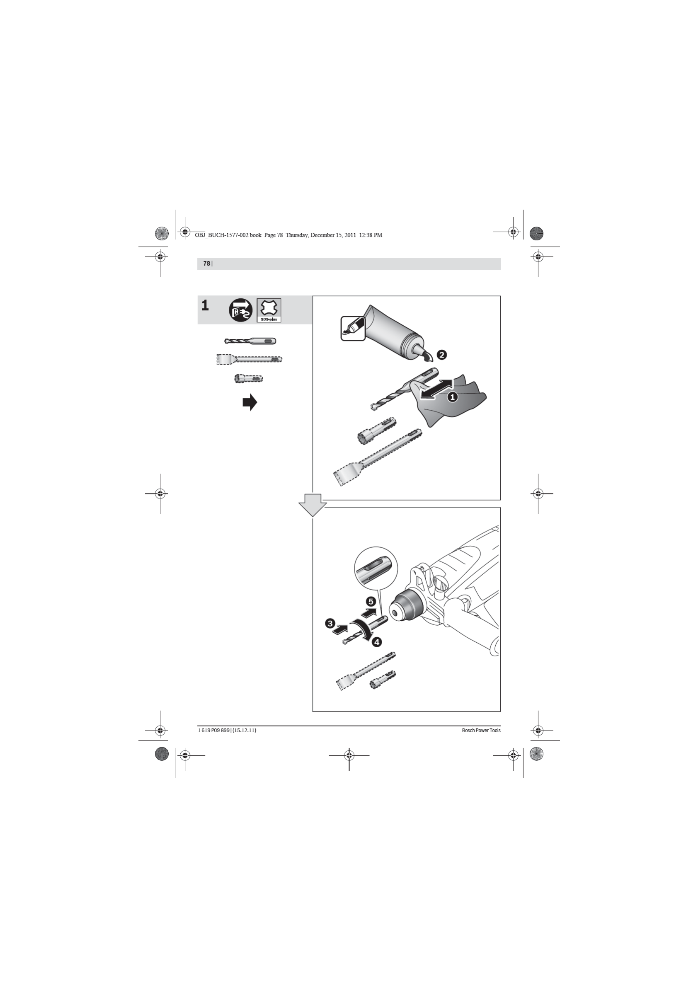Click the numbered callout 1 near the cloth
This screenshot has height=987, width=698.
(452, 397)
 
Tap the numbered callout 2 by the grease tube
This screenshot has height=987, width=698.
(442, 355)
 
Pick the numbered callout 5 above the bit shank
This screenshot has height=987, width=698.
(371, 601)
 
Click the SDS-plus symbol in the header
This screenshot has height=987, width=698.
(269, 310)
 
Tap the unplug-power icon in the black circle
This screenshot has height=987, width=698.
(241, 310)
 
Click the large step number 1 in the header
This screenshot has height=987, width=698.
(205, 306)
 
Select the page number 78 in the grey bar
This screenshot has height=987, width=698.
(206, 264)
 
